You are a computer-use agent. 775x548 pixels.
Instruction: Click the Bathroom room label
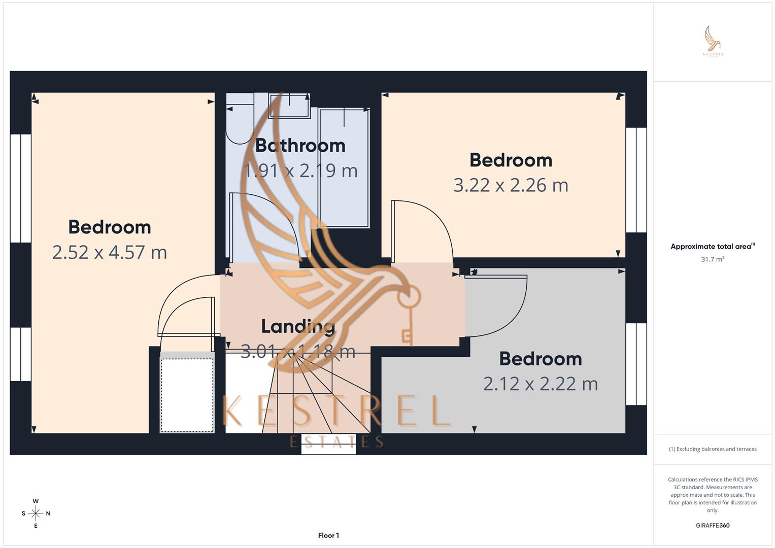coord(300,146)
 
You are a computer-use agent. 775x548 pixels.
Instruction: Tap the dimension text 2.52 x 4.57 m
coord(110,252)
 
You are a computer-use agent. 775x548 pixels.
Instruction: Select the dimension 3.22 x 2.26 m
coord(511,185)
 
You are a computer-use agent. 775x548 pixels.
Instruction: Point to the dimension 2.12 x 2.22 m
coord(541,384)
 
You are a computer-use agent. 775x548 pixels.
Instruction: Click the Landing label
coord(298,326)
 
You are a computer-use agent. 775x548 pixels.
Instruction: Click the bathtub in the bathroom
coord(344,167)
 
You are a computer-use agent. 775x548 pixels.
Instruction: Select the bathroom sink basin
coord(289,105)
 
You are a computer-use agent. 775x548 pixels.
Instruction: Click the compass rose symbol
coord(36,513)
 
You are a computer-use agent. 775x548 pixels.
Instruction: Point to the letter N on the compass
coord(48,513)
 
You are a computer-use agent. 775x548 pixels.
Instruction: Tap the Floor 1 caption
coord(328,535)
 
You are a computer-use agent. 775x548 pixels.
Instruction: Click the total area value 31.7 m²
coord(713,259)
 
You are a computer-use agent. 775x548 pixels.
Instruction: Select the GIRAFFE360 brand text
coord(713,526)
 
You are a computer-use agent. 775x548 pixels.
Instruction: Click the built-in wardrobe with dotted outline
coord(187,395)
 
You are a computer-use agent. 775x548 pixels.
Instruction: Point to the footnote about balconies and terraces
coord(713,449)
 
